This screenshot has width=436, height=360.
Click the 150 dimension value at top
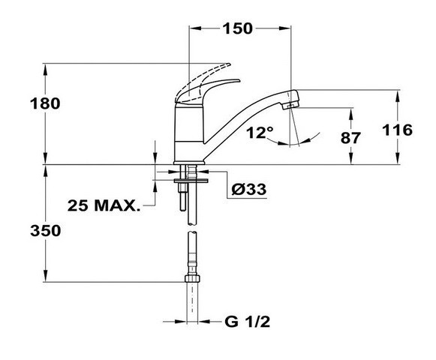point(237,28)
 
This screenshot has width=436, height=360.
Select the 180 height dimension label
point(45,103)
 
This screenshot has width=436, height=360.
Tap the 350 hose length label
point(45,231)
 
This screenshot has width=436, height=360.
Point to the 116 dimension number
point(397,130)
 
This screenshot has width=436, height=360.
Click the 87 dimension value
point(350,137)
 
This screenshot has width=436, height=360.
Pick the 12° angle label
point(260,133)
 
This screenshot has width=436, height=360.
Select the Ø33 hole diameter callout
point(249,190)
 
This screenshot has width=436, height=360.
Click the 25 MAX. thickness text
point(104,205)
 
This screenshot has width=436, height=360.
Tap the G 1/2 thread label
point(247,322)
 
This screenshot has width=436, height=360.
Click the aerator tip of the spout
point(290,105)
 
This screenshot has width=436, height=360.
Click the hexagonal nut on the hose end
point(192,278)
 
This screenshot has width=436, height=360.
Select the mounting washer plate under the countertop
point(191,181)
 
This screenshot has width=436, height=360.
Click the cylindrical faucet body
point(189,133)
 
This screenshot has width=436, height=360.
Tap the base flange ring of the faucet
point(189,163)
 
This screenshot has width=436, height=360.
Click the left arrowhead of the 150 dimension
point(194,28)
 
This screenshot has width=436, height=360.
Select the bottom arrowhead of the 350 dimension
point(45,276)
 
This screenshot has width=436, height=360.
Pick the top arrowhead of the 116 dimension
point(398,96)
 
